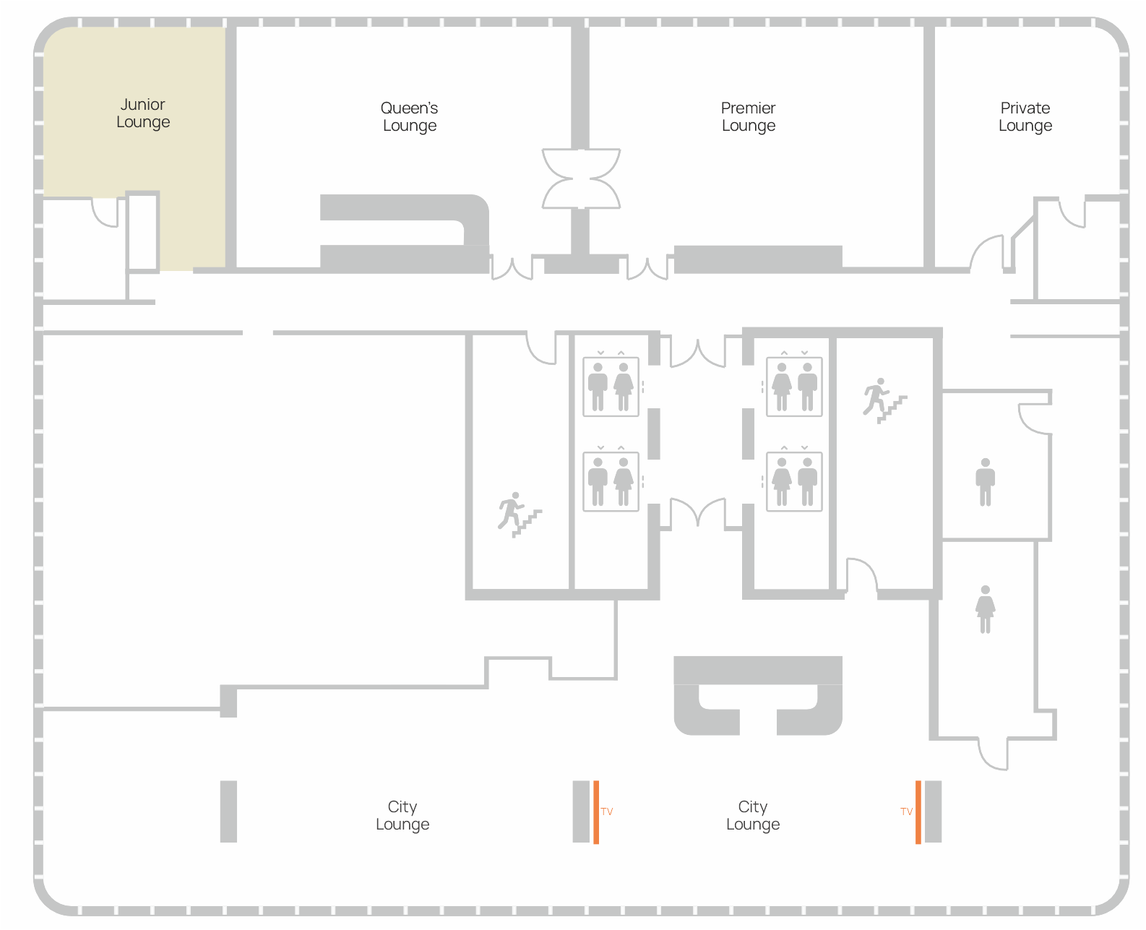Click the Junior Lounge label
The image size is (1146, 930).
(x=142, y=113)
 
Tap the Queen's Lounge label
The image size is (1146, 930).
(x=410, y=117)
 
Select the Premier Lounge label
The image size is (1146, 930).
(x=749, y=117)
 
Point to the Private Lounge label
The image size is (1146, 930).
(x=1025, y=117)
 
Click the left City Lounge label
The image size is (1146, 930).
(x=402, y=815)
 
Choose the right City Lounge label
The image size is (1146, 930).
(x=753, y=815)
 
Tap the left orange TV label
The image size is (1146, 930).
(x=607, y=811)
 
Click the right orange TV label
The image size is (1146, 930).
(x=907, y=811)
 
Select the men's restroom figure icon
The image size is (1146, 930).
(x=985, y=482)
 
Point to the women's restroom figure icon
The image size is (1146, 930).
(x=985, y=609)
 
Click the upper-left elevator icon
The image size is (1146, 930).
(x=611, y=386)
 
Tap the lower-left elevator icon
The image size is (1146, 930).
(x=611, y=481)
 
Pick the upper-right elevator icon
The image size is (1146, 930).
(x=794, y=386)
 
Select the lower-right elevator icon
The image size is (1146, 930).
(x=794, y=481)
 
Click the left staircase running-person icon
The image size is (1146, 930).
(x=520, y=514)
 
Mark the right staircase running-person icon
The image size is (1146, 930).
(x=884, y=401)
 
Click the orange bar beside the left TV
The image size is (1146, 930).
(x=596, y=812)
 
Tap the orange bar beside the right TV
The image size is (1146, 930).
(x=918, y=812)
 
